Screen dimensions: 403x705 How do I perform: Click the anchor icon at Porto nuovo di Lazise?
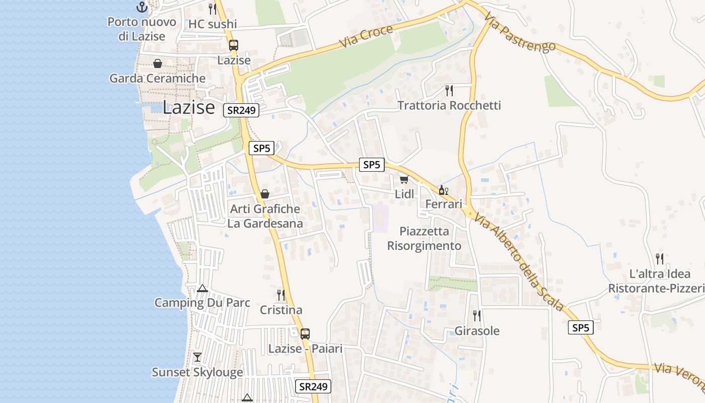point(142,7)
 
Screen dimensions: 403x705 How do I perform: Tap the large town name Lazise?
point(189,107)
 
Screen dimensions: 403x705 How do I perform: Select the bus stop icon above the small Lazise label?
point(234,45)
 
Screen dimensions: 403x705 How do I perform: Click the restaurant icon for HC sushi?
point(213,9)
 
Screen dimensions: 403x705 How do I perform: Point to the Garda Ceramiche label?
point(158,79)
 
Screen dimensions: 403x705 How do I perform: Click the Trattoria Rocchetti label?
point(449,105)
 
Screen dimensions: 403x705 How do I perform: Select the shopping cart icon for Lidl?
point(404,179)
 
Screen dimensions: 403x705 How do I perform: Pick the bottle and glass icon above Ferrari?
point(443,190)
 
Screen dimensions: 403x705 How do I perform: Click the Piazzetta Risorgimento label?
point(424,238)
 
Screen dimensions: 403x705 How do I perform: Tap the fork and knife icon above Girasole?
point(476,316)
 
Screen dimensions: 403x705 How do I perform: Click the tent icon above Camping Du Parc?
point(202,288)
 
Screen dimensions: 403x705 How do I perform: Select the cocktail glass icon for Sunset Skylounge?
point(197,357)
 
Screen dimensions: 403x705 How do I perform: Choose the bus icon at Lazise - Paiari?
point(305,333)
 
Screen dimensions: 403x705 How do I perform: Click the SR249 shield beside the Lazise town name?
point(241,110)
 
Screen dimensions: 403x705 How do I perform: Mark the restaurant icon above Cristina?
point(281,295)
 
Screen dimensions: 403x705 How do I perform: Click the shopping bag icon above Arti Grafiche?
point(265,194)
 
